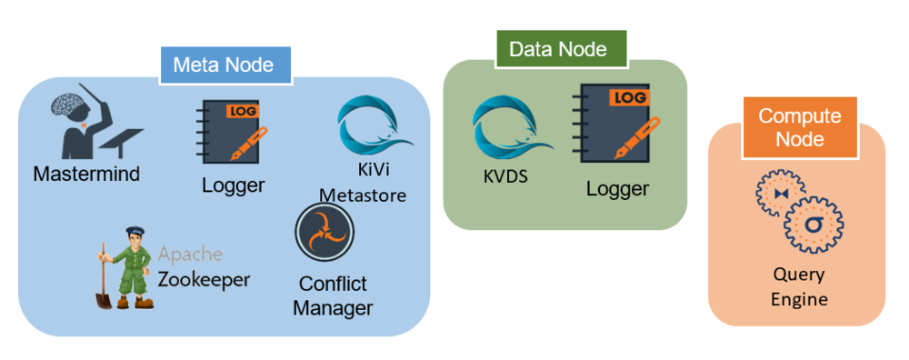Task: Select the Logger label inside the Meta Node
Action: pyautogui.click(x=233, y=185)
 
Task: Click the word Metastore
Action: pyautogui.click(x=362, y=195)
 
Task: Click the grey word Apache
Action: pyautogui.click(x=190, y=255)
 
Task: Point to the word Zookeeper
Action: pyautogui.click(x=204, y=278)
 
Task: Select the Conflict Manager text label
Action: pyautogui.click(x=333, y=295)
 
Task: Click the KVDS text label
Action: pyautogui.click(x=505, y=175)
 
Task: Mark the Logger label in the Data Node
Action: pyautogui.click(x=617, y=188)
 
